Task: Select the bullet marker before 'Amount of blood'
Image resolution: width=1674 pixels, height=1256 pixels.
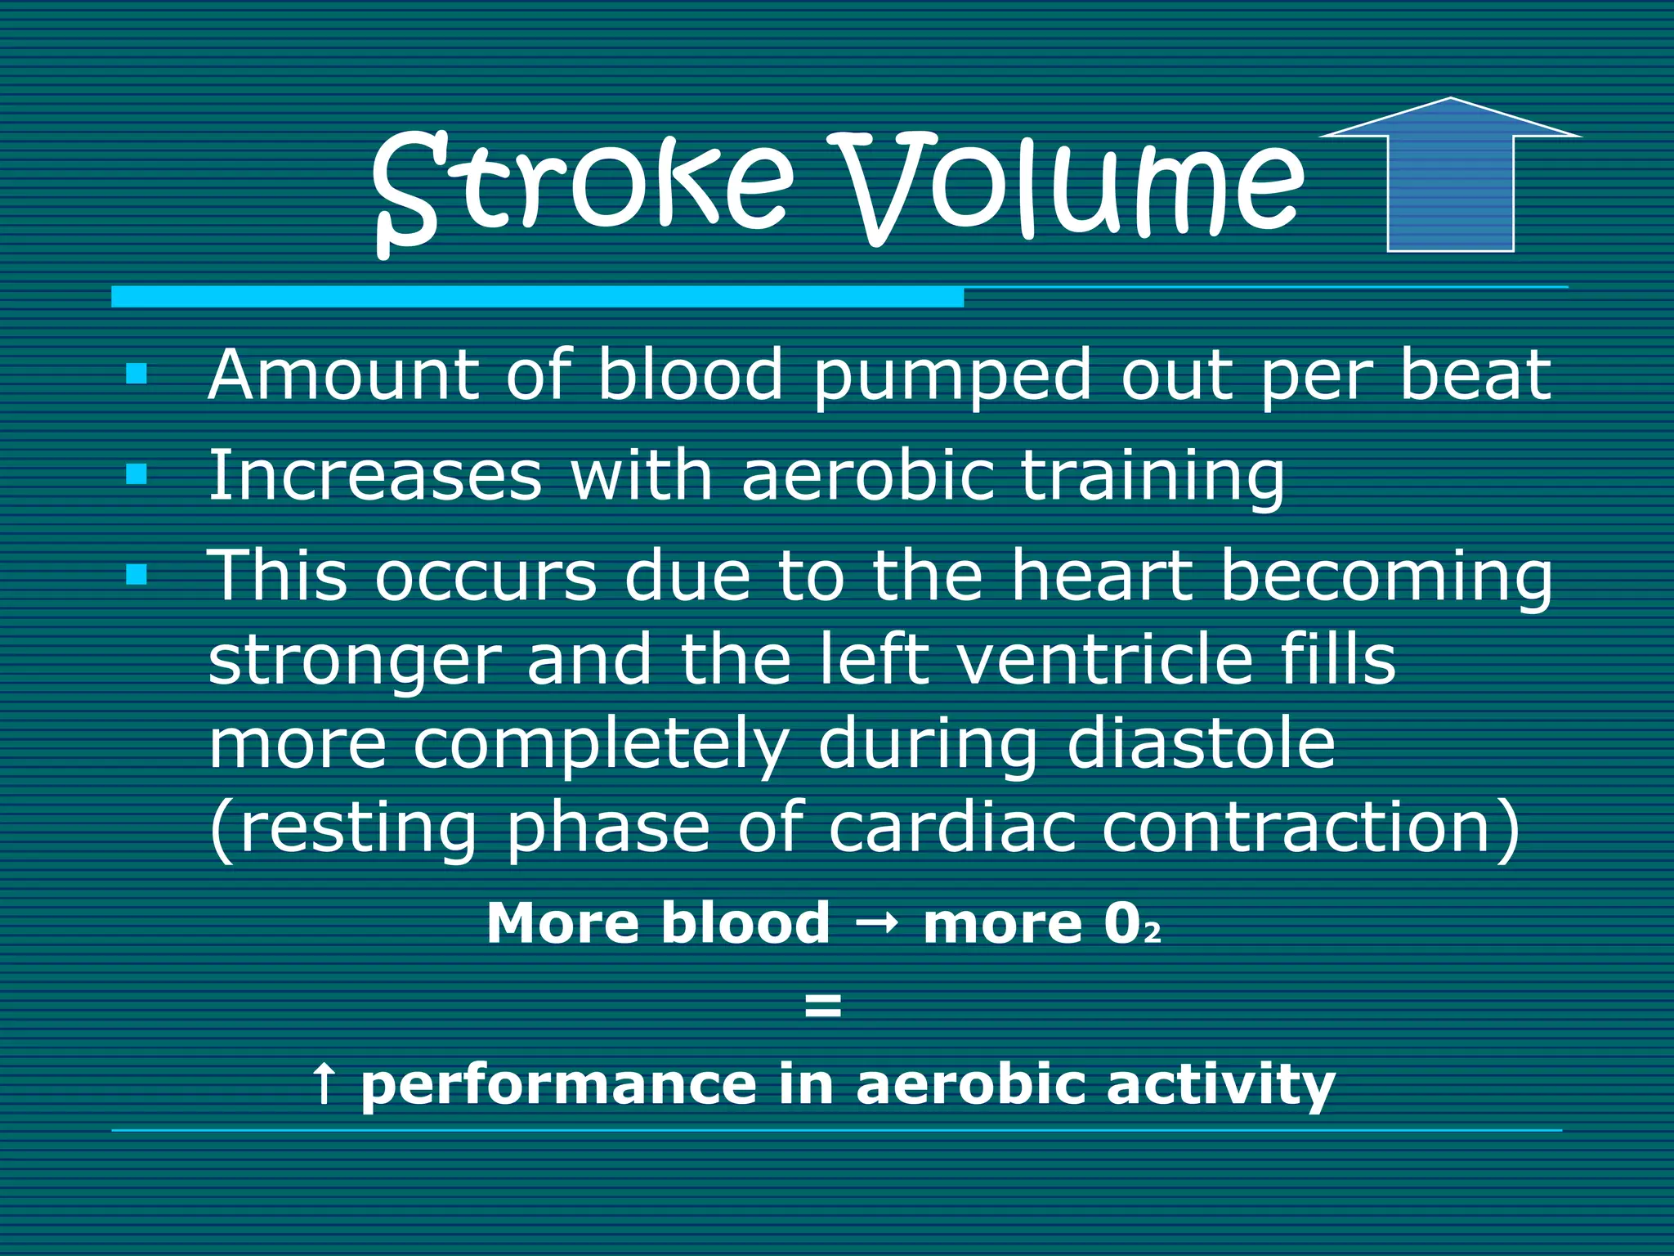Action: tap(137, 375)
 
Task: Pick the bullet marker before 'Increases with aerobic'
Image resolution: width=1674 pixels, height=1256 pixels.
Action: tap(137, 474)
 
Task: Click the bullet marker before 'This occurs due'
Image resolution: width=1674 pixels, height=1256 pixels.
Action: tap(137, 575)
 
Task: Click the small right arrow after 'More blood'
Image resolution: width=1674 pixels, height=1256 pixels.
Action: tap(876, 924)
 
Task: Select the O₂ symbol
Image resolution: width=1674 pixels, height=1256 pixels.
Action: tap(1131, 924)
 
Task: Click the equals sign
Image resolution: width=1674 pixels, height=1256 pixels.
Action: tap(822, 1007)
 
